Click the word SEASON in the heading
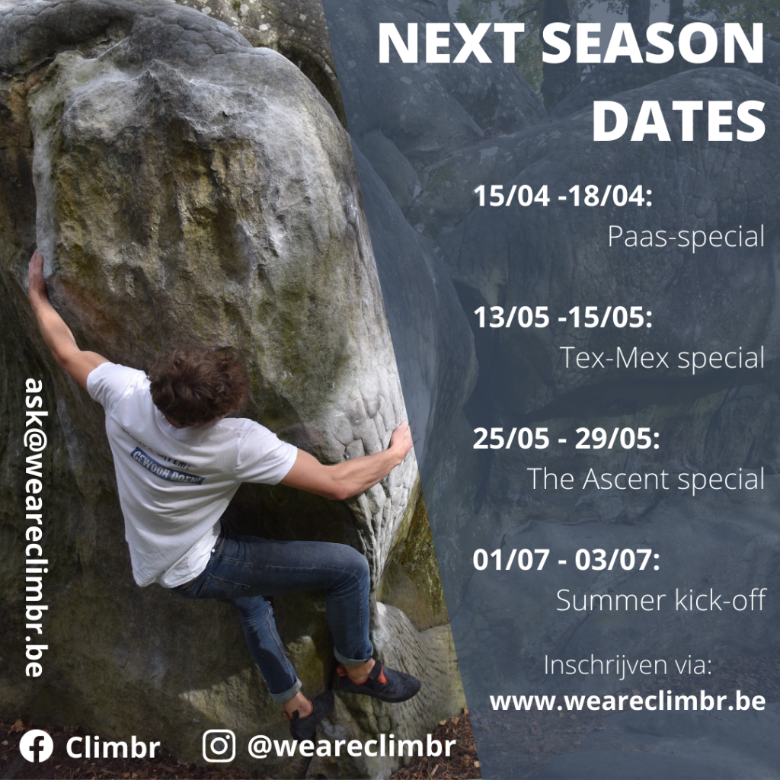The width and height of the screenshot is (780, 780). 652,43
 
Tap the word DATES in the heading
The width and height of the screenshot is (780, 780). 679,121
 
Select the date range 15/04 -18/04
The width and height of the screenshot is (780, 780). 562,196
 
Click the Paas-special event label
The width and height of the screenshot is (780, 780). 686,237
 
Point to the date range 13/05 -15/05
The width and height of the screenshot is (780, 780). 562,317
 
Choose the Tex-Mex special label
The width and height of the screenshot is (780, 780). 662,358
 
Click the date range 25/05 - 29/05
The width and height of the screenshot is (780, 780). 566,438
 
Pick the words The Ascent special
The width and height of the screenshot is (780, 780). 646,479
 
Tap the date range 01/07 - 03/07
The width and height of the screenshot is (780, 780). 566,560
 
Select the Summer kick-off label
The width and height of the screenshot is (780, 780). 660,600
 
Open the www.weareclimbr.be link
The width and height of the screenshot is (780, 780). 628,702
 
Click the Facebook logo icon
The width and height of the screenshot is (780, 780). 37,746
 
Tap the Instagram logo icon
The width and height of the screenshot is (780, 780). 219,746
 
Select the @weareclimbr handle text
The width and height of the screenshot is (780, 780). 351,746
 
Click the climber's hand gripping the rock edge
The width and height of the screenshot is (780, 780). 401,442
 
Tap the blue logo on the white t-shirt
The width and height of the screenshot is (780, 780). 167,466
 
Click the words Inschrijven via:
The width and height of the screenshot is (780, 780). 628,666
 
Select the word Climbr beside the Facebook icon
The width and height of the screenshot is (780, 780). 113,746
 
